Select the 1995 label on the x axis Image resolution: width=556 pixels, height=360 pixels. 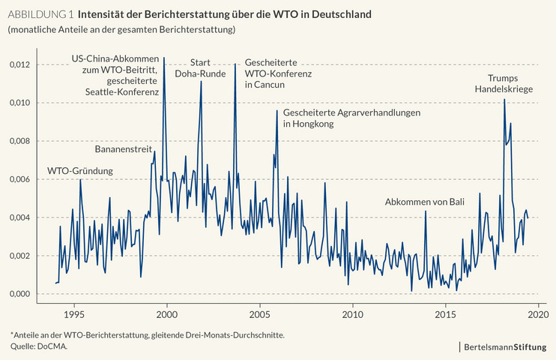[73, 315]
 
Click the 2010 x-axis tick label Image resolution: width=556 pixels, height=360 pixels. [352, 315]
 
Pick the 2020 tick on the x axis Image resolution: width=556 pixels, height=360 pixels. [539, 315]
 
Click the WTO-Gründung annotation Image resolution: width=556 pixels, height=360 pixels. [79, 171]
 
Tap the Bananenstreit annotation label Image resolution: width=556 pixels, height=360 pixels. [124, 149]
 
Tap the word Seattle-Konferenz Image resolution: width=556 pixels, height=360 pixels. [122, 91]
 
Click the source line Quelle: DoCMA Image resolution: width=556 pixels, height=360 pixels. [39, 346]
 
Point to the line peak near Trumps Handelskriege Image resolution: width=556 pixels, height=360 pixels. [504, 99]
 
